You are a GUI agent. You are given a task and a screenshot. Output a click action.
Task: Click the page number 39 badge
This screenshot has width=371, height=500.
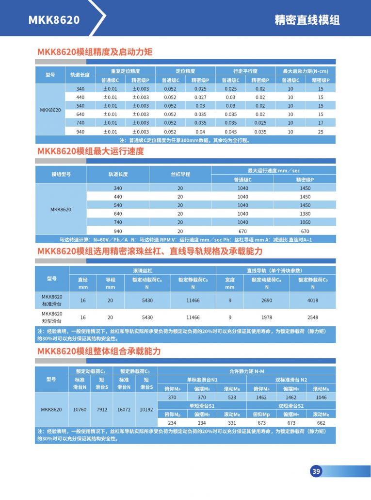[x=316, y=471]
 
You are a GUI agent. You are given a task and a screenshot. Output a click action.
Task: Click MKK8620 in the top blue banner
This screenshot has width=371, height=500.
[x=54, y=19]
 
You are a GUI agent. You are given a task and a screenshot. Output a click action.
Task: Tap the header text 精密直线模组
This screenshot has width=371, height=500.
[x=307, y=20]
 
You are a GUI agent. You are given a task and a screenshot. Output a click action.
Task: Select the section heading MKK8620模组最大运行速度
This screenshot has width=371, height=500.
[x=91, y=151]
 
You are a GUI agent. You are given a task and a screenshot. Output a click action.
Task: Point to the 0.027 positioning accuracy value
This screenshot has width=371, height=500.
[x=200, y=97]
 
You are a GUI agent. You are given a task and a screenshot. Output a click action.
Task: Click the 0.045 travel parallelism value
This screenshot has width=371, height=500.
[x=231, y=132]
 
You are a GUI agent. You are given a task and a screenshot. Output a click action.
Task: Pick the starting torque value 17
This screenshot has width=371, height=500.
[x=321, y=123]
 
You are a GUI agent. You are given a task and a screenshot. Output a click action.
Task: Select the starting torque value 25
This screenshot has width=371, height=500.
[x=321, y=132]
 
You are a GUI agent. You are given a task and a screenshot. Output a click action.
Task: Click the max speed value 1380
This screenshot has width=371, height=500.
[x=305, y=214]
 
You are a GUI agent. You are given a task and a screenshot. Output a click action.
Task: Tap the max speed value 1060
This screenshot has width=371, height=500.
[x=305, y=222]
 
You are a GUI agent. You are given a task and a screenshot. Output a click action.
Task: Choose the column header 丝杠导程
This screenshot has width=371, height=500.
[x=180, y=174]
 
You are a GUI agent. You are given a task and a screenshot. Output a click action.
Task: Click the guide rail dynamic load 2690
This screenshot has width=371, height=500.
[x=267, y=300]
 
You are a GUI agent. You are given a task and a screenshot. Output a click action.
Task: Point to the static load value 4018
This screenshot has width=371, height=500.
[x=313, y=300]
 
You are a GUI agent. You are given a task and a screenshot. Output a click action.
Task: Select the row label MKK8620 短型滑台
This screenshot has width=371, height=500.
[x=52, y=317]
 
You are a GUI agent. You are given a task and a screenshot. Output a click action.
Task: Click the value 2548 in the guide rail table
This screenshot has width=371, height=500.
[x=313, y=317]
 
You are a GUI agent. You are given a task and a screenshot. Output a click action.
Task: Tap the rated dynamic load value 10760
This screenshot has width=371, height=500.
[x=80, y=410]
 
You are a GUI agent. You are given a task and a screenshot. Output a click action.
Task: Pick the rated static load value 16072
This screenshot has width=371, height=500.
[x=124, y=410]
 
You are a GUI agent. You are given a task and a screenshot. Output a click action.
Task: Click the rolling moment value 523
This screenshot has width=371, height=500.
[x=232, y=397]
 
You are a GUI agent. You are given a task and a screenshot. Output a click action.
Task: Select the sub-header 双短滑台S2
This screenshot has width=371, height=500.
[x=291, y=405]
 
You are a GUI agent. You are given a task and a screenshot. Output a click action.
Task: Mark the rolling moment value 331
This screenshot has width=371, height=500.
[x=232, y=423]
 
